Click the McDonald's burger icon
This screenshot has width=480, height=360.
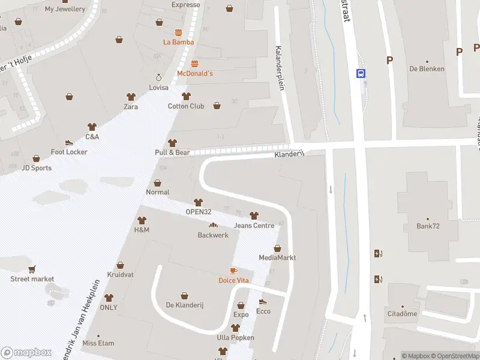[x=194, y=63]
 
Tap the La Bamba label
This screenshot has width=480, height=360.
[x=178, y=42]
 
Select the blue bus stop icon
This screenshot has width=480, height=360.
[x=361, y=73]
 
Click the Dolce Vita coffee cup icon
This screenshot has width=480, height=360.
[x=233, y=271]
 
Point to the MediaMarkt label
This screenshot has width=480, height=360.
[x=277, y=258]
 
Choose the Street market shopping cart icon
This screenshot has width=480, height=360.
[x=32, y=269]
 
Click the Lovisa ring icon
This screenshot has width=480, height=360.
[x=159, y=77]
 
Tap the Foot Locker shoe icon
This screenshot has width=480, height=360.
[x=69, y=142]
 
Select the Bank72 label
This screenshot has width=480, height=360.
[x=428, y=226]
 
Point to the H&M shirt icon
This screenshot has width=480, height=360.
[x=142, y=220]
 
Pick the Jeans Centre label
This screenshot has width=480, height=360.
[x=254, y=226]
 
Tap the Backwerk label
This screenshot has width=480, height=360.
[x=213, y=235]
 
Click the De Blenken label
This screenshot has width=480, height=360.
[x=427, y=69]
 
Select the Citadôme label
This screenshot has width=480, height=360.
[x=402, y=314]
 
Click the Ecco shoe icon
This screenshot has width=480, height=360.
[x=263, y=302]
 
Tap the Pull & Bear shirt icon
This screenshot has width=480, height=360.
[x=173, y=143]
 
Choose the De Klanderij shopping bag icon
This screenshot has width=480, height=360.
[x=185, y=295]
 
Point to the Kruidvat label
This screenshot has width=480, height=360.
[x=119, y=274]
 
